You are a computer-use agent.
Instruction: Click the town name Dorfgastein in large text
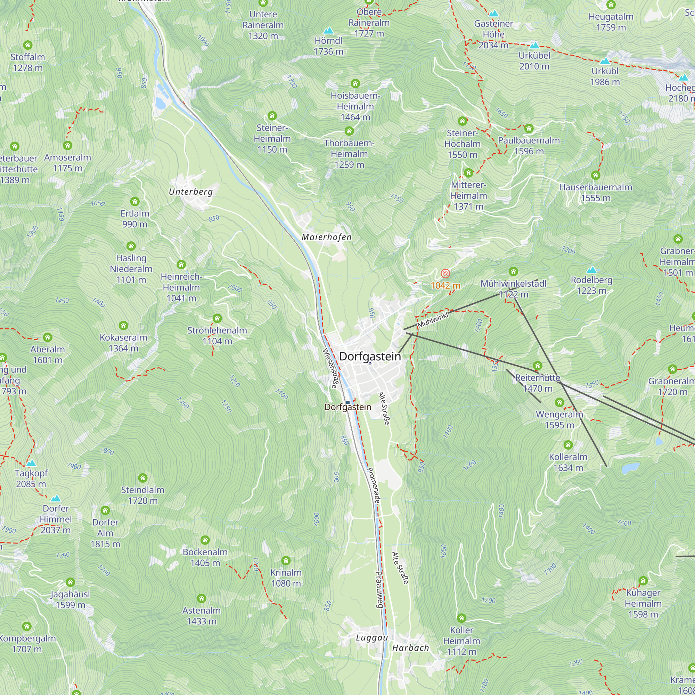pyautogui.click(x=370, y=356)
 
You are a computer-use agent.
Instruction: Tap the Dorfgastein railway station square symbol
pyautogui.click(x=347, y=402)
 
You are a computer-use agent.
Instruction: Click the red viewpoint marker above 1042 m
pyautogui.click(x=445, y=274)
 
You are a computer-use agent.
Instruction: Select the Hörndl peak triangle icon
pyautogui.click(x=328, y=31)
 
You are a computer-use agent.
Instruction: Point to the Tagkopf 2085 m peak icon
pyautogui.click(x=31, y=463)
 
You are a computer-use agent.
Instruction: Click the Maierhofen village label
pyautogui.click(x=326, y=237)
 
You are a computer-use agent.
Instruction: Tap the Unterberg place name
pyautogui.click(x=191, y=192)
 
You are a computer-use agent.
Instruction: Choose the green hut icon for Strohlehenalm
pyautogui.click(x=217, y=318)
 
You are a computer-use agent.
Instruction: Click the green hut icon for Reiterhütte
pyautogui.click(x=538, y=366)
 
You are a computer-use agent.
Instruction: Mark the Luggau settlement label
pyautogui.click(x=371, y=638)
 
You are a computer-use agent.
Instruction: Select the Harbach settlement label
pyautogui.click(x=410, y=648)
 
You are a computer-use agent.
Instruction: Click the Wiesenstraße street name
pyautogui.click(x=330, y=368)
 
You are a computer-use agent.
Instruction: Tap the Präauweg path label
pyautogui.click(x=379, y=589)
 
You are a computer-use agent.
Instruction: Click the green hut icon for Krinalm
pyautogui.click(x=286, y=561)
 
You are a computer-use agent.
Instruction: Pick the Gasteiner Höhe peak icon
pyautogui.click(x=493, y=14)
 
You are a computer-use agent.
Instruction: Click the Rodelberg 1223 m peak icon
pyautogui.click(x=591, y=270)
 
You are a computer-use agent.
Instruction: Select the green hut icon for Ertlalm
pyautogui.click(x=135, y=202)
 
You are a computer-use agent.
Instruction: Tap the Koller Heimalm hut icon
pyautogui.click(x=461, y=618)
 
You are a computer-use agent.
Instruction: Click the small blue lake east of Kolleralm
pyautogui.click(x=630, y=468)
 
